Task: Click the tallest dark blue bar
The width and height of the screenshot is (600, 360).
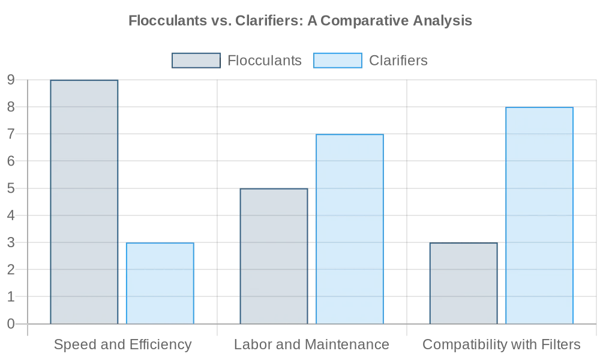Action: coord(84,201)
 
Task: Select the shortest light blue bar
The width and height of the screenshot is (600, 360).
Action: coord(160,283)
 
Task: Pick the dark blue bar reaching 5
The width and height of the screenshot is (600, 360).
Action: coord(274,256)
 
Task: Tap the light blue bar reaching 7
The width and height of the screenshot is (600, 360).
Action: coord(350,228)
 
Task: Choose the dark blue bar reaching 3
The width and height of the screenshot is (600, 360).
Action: coord(463,283)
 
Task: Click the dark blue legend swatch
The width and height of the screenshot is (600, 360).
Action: coord(196,61)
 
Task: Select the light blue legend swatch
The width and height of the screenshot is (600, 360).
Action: coord(338,61)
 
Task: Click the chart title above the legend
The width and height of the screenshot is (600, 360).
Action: coord(300,22)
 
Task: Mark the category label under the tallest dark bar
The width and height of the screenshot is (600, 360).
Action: coord(122,345)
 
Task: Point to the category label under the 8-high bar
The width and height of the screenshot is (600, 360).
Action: coord(502,345)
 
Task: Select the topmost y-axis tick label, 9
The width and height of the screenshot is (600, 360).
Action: coord(9,79)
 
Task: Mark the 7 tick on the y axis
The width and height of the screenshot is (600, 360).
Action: coord(9,134)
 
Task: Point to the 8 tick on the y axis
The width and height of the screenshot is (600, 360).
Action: coord(9,107)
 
